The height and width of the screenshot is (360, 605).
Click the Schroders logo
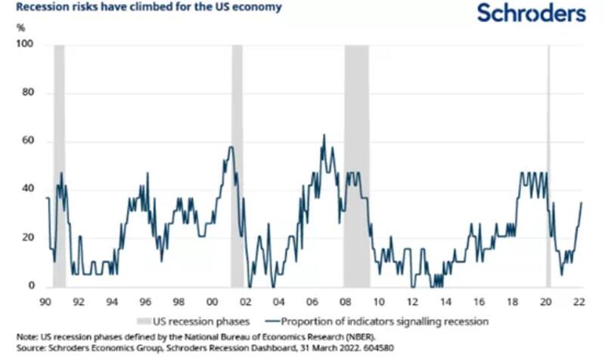[531, 13]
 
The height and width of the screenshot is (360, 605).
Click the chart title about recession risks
[141, 8]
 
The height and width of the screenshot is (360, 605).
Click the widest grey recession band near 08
[357, 166]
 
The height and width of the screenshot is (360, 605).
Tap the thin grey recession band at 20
[548, 166]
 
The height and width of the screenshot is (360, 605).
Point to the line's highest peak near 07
[324, 135]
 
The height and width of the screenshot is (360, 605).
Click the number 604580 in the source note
[376, 349]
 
